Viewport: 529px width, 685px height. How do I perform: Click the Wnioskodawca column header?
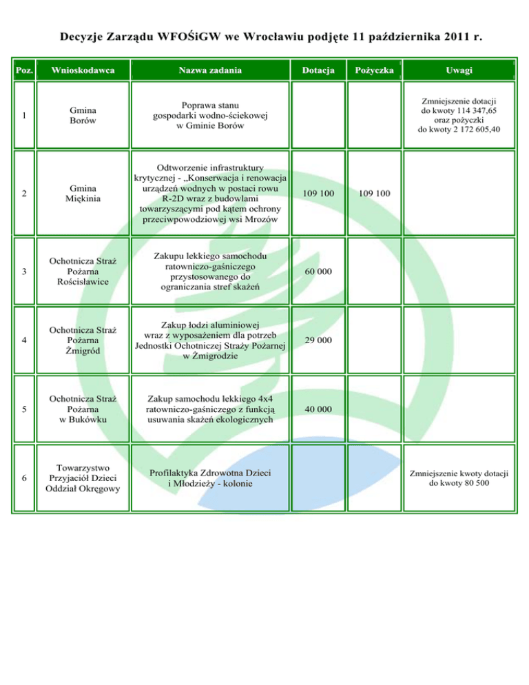pyautogui.click(x=83, y=70)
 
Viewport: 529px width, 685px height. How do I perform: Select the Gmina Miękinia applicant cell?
pyautogui.click(x=83, y=194)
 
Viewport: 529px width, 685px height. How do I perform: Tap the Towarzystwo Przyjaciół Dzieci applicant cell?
pyautogui.click(x=83, y=478)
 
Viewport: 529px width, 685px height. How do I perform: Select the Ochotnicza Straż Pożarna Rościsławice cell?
pyautogui.click(x=83, y=272)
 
